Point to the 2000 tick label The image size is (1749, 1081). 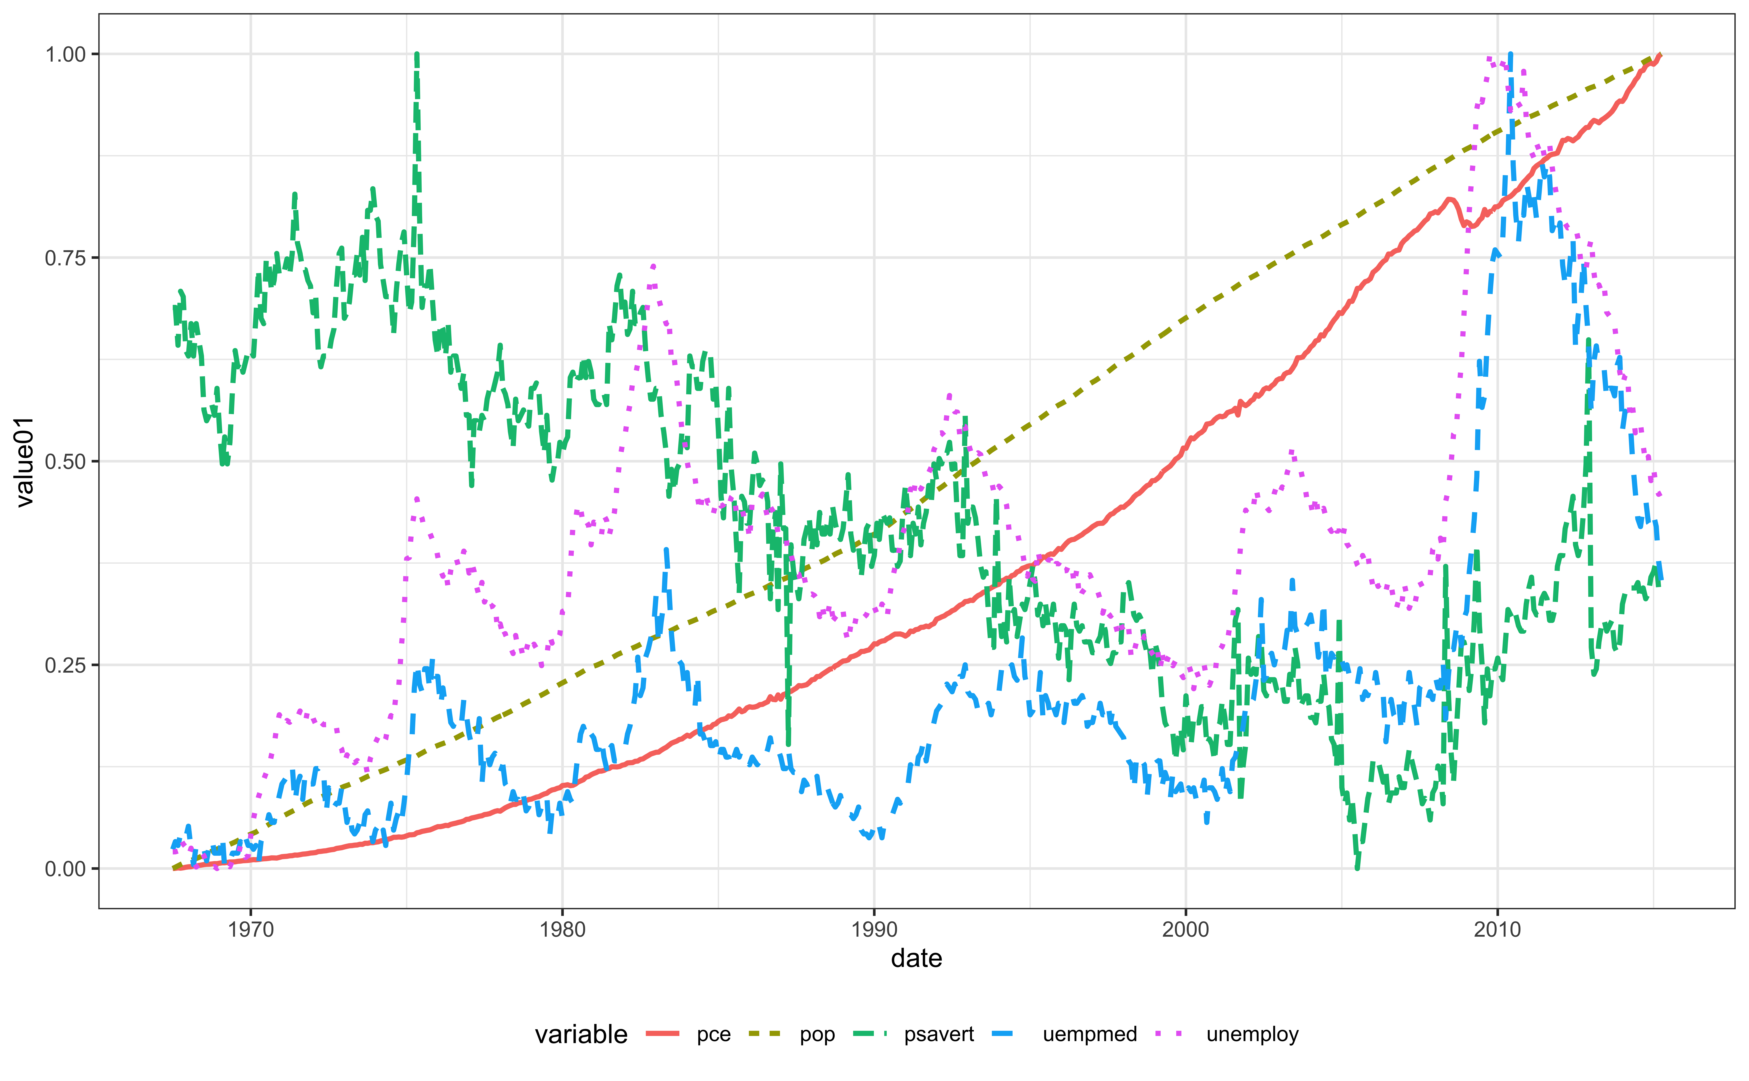pos(1186,929)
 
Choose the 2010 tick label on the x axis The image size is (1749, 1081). pos(1497,929)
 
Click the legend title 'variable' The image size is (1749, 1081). pos(581,1035)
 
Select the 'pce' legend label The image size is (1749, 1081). pos(713,1035)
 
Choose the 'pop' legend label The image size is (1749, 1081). pos(817,1035)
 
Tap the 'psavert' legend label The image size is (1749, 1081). pos(938,1035)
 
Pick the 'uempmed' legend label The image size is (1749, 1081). pos(1089,1035)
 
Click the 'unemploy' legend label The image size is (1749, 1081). pos(1252,1035)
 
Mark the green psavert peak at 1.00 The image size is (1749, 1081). pos(417,54)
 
